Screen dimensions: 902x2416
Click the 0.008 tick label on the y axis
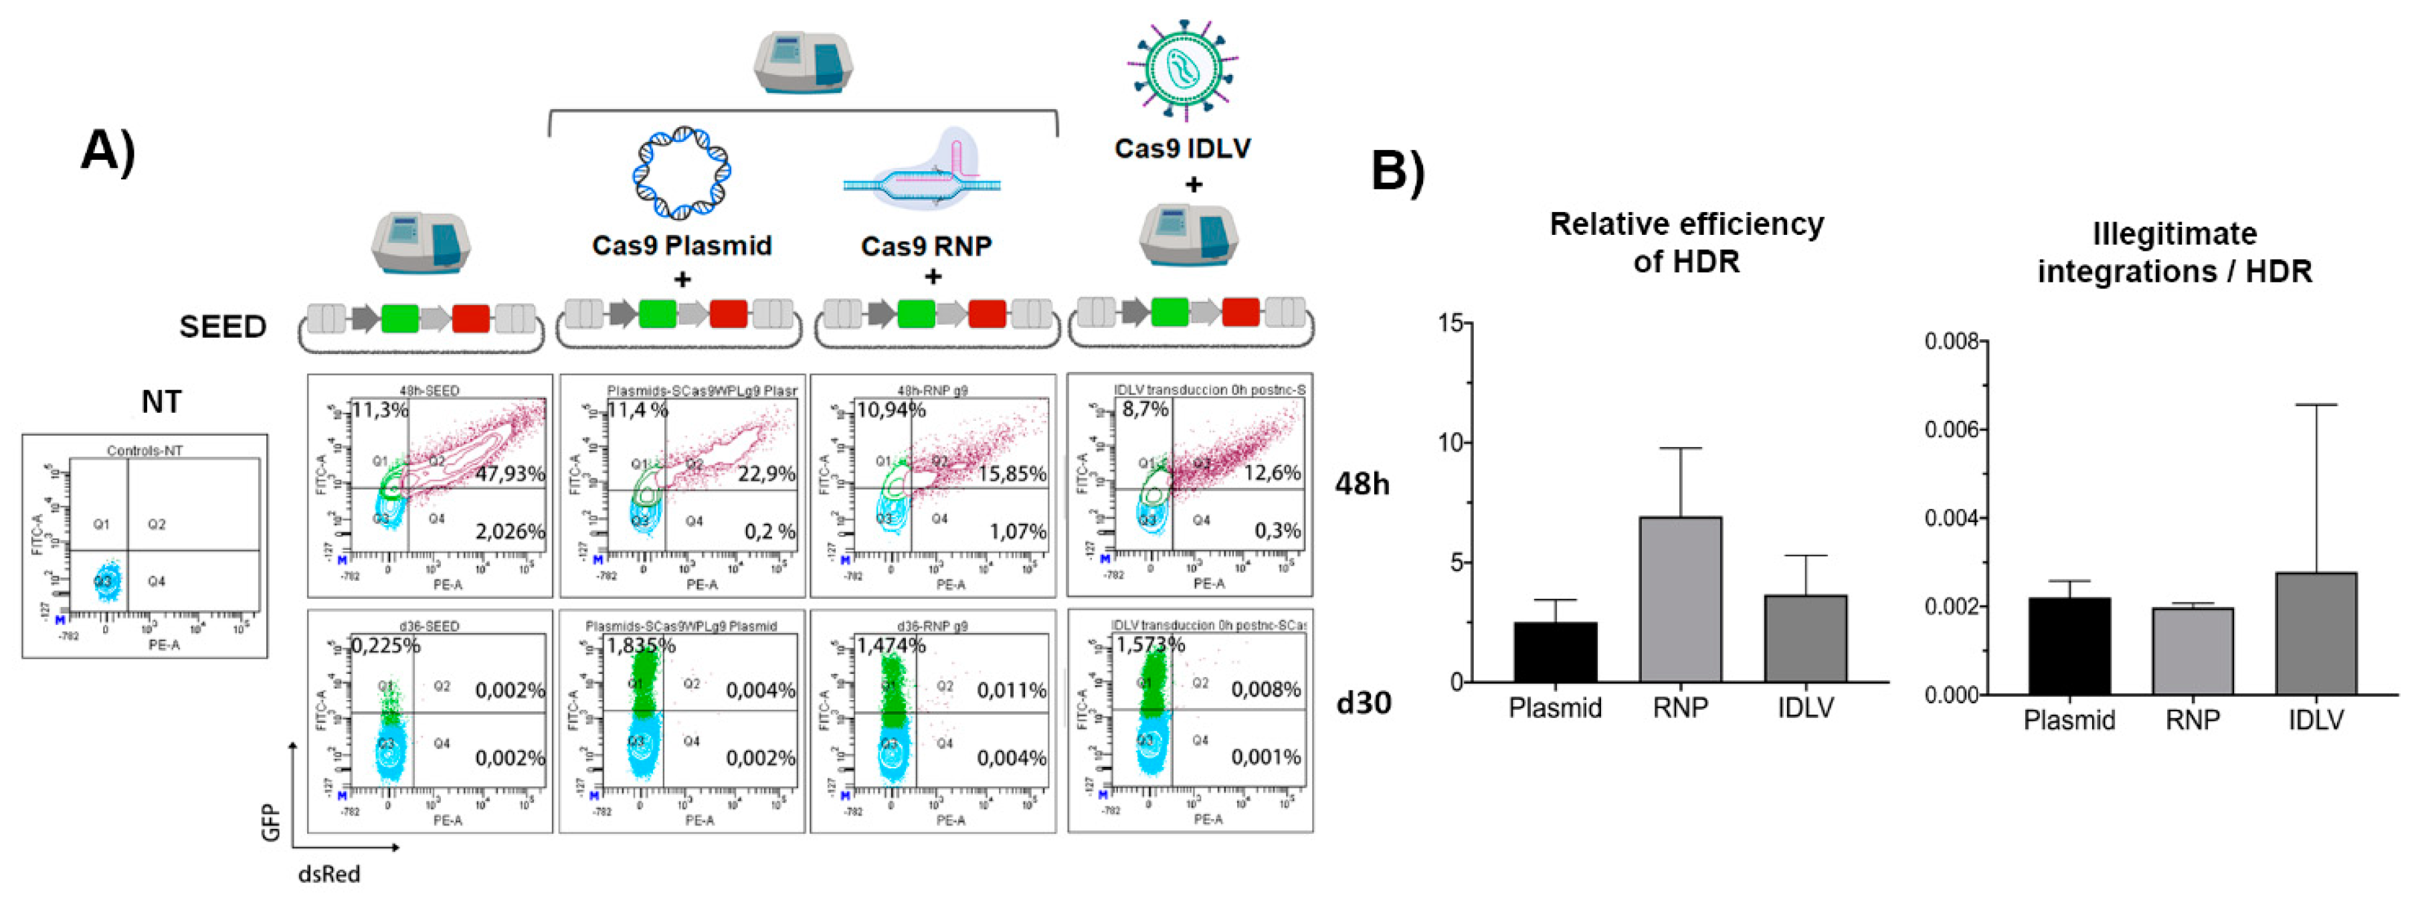click(1954, 342)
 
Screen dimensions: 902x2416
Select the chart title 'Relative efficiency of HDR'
click(1686, 242)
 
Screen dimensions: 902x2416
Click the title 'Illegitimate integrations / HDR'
click(2174, 252)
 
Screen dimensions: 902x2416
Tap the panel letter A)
click(108, 150)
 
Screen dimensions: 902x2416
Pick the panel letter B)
click(1398, 171)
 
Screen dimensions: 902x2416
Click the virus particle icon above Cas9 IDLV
click(1183, 70)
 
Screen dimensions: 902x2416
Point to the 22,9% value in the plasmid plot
click(765, 474)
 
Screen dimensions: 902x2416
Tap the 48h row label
click(1362, 484)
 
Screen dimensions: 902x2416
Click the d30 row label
click(1363, 703)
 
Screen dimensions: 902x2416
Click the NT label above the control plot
click(161, 401)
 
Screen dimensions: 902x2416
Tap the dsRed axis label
click(329, 874)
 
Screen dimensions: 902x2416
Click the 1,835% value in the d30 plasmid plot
click(640, 645)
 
